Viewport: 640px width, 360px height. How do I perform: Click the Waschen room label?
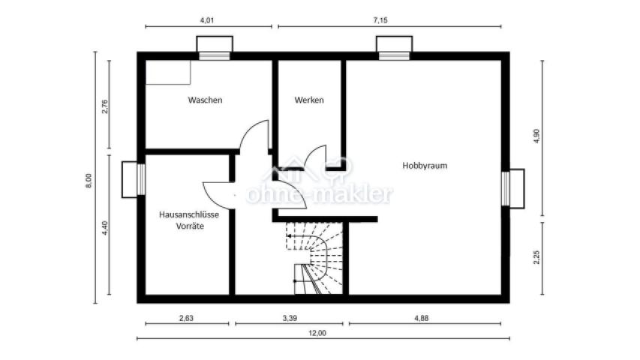point(205,100)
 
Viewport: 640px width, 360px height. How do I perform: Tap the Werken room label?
point(309,100)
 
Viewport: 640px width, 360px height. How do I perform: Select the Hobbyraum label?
point(425,166)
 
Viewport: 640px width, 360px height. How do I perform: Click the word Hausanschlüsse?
point(189,214)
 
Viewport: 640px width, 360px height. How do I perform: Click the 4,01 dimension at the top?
point(209,20)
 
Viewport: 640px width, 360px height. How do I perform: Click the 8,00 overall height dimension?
point(89,180)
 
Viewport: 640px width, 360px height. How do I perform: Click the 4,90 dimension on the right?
point(536,136)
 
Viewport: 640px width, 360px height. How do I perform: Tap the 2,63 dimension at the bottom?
point(186,318)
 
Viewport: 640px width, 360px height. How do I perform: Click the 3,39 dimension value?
point(288,318)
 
